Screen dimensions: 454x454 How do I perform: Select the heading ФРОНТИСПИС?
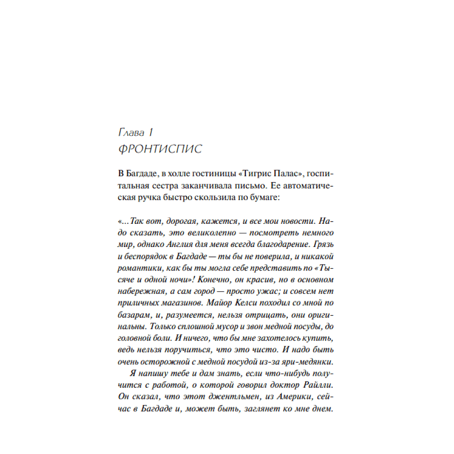[x=159, y=149]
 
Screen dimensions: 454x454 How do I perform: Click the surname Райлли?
[x=318, y=386]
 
